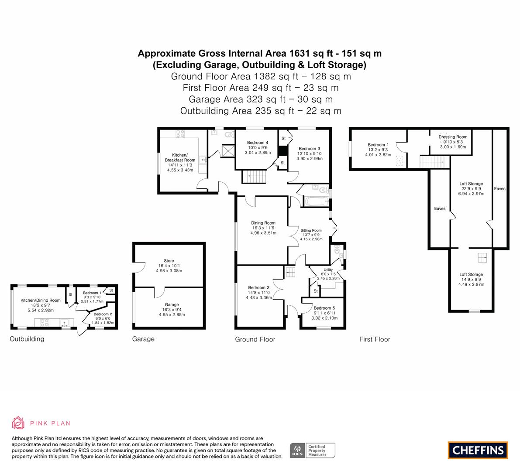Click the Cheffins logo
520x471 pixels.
478,450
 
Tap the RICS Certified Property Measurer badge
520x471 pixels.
313,451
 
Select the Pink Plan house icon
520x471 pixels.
18,423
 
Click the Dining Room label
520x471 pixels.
263,223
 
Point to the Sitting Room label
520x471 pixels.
311,231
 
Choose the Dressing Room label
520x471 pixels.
453,137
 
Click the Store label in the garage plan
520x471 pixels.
169,261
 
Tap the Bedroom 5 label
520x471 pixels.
324,308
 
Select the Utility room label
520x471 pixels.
328,270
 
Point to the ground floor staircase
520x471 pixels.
254,177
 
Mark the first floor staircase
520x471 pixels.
432,162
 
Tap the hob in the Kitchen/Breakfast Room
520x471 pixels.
180,134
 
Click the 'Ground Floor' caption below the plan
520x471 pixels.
255,339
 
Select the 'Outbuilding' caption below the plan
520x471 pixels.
27,339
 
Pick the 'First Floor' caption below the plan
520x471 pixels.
375,339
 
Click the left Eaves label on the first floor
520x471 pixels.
440,208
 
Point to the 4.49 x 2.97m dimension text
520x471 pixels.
471,284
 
